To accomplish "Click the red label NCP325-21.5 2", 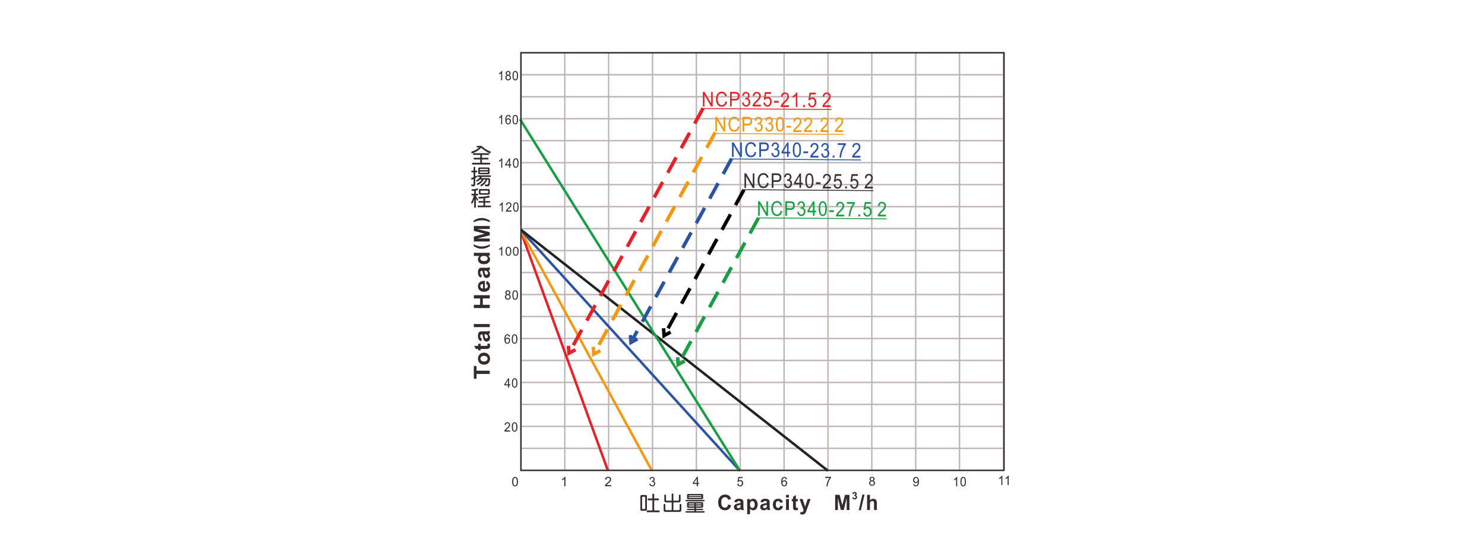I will click(766, 100).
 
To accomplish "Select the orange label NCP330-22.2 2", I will click(779, 125).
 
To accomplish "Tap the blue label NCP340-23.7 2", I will click(795, 151).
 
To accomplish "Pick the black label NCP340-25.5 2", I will click(808, 181).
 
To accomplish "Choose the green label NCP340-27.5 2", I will click(822, 210).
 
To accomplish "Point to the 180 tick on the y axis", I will click(509, 76).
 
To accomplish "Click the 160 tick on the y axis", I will click(509, 120).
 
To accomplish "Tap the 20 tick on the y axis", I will click(511, 427).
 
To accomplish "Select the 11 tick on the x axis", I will click(1004, 481).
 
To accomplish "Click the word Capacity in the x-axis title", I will click(764, 504).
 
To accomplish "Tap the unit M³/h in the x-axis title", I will click(856, 504).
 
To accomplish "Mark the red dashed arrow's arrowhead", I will click(569, 352).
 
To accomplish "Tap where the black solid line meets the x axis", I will click(827, 470).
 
